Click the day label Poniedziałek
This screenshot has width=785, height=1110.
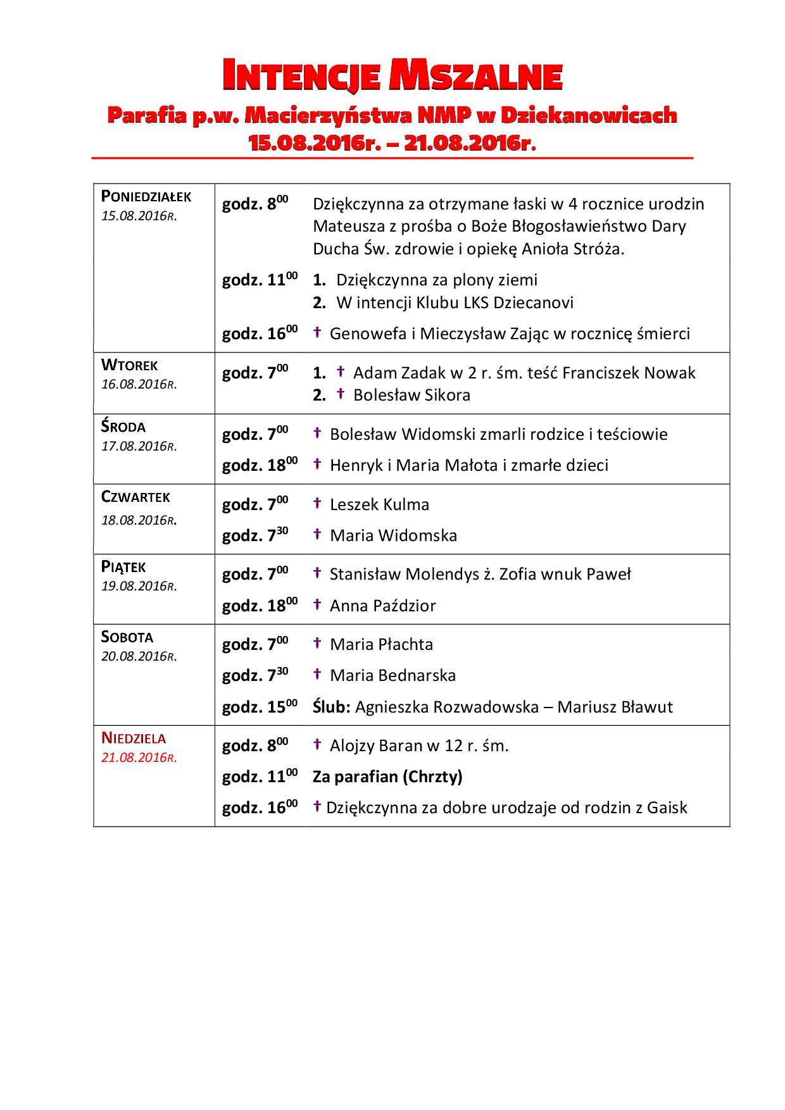146,197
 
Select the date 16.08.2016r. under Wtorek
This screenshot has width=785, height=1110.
139,385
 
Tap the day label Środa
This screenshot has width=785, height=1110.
123,427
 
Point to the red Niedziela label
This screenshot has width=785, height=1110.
134,738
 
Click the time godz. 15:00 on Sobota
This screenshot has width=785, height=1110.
260,707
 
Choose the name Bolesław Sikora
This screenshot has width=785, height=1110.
411,396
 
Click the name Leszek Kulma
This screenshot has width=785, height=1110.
379,504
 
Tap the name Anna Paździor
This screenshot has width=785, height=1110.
382,606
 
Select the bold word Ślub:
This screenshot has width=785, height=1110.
331,707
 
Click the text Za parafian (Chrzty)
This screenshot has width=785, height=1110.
387,776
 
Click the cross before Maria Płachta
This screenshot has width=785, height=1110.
318,644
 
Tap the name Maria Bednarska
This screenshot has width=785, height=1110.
392,675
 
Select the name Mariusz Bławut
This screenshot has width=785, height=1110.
615,707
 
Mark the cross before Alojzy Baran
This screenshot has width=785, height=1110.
318,745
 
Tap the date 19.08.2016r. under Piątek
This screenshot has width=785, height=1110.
139,586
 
